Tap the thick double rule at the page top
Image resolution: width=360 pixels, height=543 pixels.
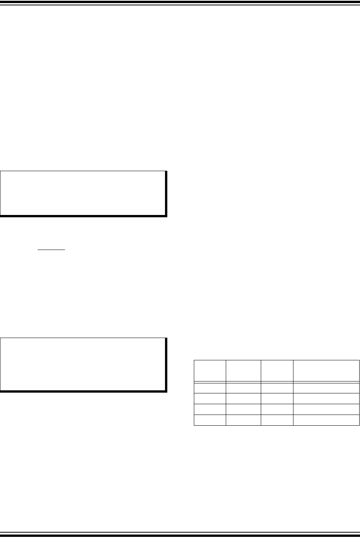[x=180, y=3]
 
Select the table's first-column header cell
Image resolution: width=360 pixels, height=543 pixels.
[x=210, y=371]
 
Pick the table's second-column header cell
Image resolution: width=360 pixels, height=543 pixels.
[x=243, y=371]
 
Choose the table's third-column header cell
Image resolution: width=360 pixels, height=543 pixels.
[x=277, y=371]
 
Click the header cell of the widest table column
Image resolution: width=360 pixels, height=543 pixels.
[x=326, y=371]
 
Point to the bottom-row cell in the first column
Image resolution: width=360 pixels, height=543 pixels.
[x=210, y=420]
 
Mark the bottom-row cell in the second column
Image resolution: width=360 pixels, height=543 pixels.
[x=243, y=420]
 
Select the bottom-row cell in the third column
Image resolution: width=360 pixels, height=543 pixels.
[x=277, y=420]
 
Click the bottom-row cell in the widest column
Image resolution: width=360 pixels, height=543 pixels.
[x=326, y=420]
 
